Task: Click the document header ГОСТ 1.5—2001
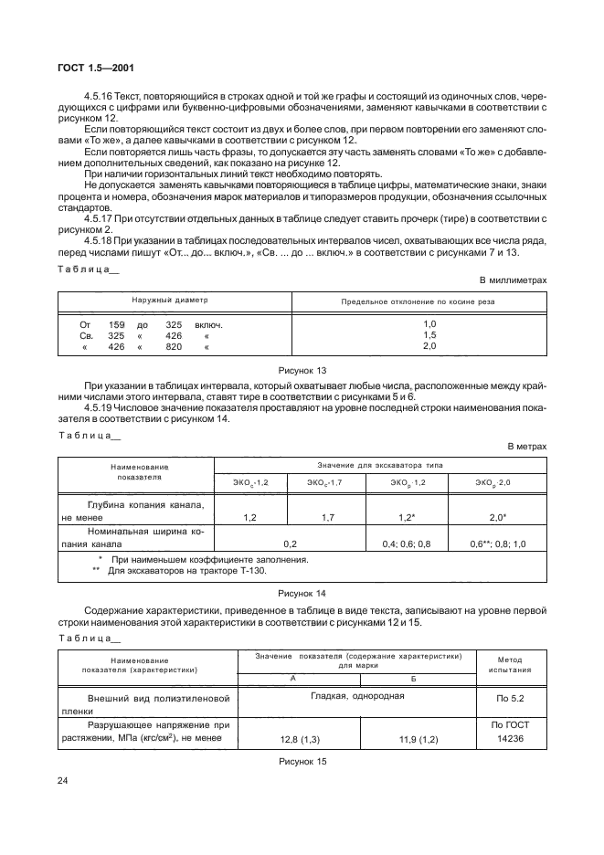(x=96, y=68)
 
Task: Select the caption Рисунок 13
(x=302, y=371)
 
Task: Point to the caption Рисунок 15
(x=302, y=760)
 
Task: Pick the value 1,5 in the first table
(x=429, y=335)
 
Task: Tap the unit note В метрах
(x=527, y=446)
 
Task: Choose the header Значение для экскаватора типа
(x=380, y=465)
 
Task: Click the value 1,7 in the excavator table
(x=328, y=518)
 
